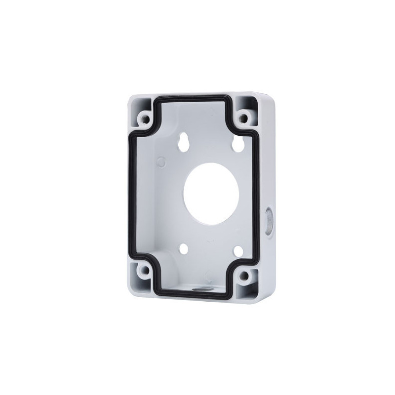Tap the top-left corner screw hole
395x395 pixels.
click(x=145, y=118)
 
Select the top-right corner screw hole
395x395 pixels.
click(x=242, y=118)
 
